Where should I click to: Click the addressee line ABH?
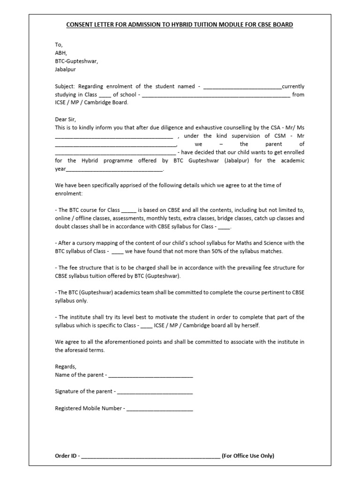coord(61,53)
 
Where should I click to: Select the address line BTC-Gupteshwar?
coord(76,61)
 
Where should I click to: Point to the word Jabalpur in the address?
coord(65,69)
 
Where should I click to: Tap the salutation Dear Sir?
coord(65,119)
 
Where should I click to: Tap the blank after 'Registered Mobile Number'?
coord(159,408)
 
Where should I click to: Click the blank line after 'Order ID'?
coord(150,456)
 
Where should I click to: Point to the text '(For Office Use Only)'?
coord(248,456)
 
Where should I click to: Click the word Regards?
coord(65,367)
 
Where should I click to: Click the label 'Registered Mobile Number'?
coord(88,408)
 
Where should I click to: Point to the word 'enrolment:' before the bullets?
coord(68,193)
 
